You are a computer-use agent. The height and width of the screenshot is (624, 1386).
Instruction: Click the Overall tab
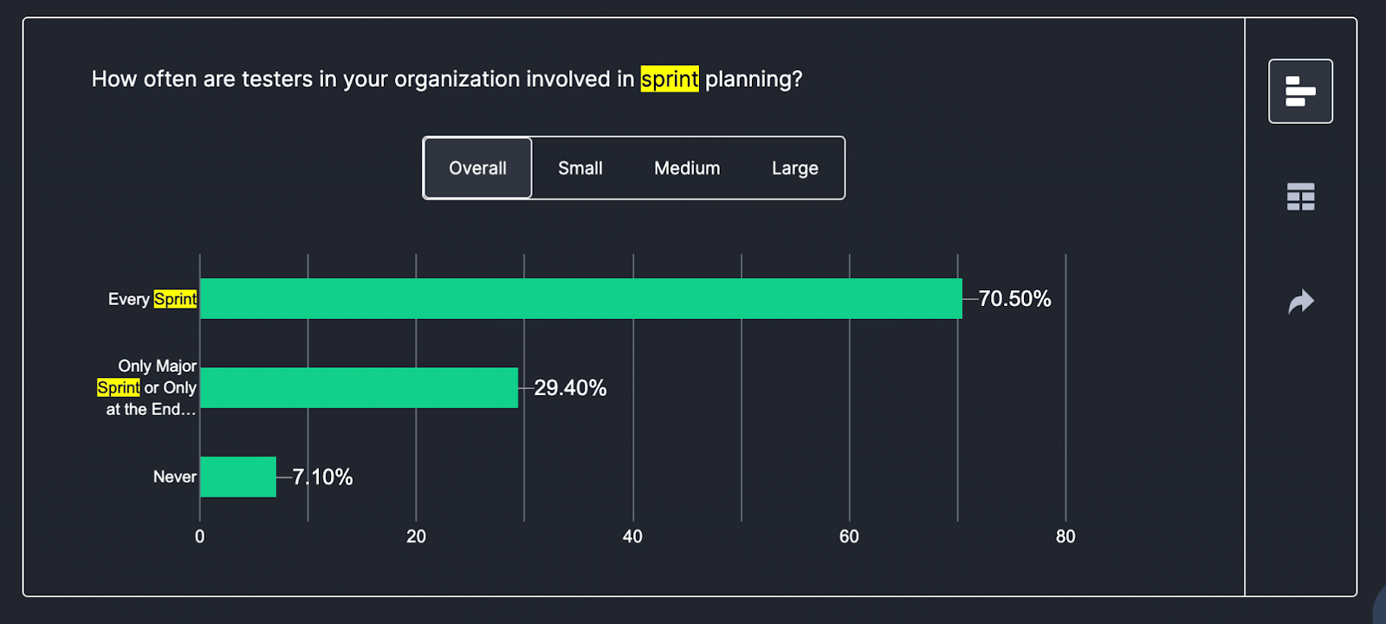click(x=477, y=168)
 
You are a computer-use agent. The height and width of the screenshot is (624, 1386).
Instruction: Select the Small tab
click(x=580, y=168)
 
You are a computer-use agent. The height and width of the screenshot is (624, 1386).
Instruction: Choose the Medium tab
click(x=687, y=168)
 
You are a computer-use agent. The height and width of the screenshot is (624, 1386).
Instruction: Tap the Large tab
click(x=794, y=168)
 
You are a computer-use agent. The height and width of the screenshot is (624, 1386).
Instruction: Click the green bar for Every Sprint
click(x=580, y=299)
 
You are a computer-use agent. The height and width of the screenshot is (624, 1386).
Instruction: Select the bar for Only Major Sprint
click(x=359, y=387)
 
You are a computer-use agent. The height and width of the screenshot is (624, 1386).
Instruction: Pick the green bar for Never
click(x=238, y=477)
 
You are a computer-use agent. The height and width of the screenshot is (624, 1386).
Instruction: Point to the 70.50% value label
click(x=1014, y=299)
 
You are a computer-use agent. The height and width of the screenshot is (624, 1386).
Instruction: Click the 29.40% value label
click(x=570, y=387)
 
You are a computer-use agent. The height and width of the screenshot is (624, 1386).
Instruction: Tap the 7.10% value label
click(x=322, y=477)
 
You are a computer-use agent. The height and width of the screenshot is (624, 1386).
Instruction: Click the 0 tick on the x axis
click(x=200, y=536)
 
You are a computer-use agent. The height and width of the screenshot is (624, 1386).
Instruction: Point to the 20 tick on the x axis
click(x=416, y=536)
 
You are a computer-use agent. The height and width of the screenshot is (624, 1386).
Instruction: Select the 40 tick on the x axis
click(x=632, y=536)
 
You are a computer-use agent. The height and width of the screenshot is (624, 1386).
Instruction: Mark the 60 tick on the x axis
click(x=849, y=536)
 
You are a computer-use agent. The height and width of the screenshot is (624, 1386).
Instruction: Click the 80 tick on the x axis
click(x=1065, y=536)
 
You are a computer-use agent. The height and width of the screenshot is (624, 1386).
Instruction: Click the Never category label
click(x=174, y=477)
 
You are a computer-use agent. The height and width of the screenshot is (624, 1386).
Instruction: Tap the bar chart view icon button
click(x=1300, y=91)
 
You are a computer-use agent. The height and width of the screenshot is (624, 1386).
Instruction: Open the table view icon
click(x=1300, y=197)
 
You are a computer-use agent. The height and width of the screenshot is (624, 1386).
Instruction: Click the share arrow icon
click(x=1300, y=302)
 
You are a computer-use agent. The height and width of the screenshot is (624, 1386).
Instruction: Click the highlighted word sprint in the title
click(x=669, y=79)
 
